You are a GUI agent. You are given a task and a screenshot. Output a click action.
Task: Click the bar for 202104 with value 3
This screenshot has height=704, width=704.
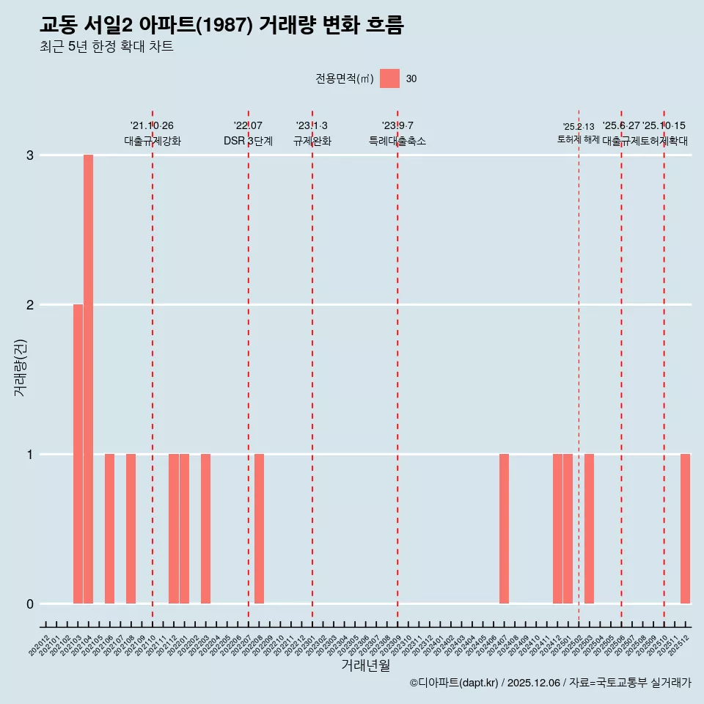[88, 379]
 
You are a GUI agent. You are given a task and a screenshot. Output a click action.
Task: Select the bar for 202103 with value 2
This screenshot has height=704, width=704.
[78, 454]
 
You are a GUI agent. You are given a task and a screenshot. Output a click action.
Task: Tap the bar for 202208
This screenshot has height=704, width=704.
[259, 529]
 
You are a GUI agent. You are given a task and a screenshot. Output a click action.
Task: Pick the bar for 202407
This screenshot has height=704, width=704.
[504, 529]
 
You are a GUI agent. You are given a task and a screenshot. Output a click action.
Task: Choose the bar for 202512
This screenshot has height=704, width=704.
[685, 529]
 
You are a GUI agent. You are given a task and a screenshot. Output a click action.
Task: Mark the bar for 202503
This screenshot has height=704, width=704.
[589, 529]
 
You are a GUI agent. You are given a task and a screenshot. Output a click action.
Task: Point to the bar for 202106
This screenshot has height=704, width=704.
[109, 529]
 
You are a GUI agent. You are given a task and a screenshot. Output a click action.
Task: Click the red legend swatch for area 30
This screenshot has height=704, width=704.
[389, 78]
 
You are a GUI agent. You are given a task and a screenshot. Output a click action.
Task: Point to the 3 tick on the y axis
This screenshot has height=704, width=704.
[30, 155]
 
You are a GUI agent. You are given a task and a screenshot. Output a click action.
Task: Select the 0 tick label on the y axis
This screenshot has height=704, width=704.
[30, 604]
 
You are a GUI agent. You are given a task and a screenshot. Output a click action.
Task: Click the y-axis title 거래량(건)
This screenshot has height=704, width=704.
[20, 367]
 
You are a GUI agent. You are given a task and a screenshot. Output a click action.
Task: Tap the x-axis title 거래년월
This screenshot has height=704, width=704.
[365, 665]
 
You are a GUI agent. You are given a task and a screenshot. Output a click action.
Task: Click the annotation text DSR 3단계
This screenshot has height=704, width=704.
[248, 141]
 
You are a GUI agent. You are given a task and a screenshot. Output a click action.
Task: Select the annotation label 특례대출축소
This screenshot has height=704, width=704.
[397, 141]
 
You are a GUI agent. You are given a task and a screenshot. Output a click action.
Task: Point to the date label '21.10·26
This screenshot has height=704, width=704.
[152, 126]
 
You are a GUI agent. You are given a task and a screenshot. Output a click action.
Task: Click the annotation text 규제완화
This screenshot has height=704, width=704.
[312, 141]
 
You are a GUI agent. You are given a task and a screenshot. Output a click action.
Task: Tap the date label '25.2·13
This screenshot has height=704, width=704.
[579, 127]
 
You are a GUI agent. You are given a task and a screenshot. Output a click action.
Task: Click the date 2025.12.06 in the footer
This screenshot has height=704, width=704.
[534, 683]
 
